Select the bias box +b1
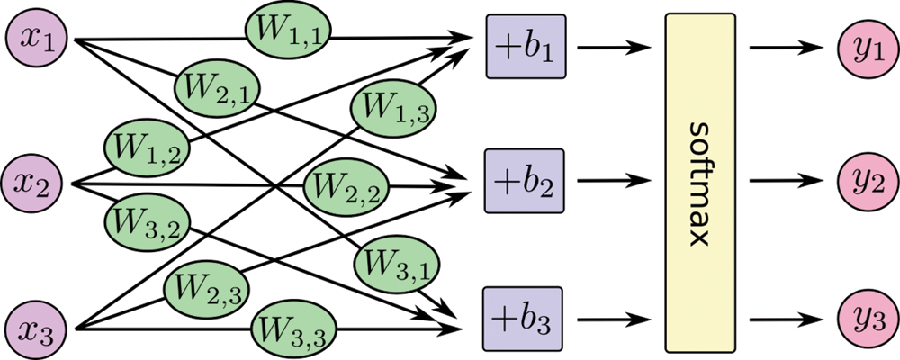(524, 44)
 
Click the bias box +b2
(524, 180)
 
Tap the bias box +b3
(524, 317)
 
